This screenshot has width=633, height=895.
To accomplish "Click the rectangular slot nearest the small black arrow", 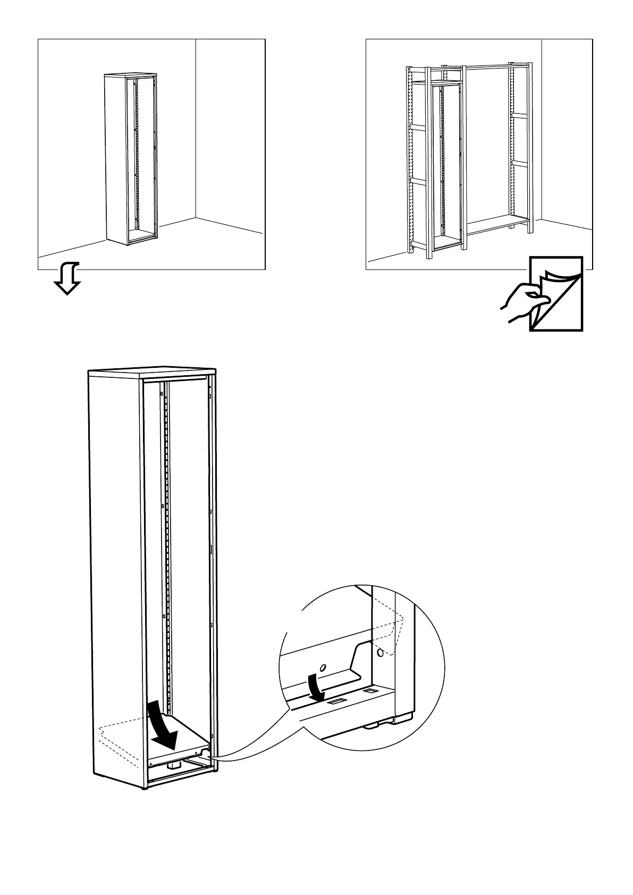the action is click(335, 702).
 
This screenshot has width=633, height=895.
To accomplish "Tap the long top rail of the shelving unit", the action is click(486, 66).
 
